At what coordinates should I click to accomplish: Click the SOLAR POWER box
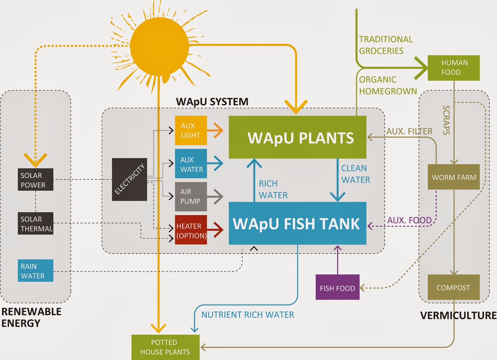[35, 179]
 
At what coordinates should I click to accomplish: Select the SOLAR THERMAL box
[35, 224]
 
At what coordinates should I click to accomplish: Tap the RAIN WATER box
[35, 270]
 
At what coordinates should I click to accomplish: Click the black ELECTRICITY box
[129, 179]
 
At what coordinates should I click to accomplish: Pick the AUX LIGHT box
[191, 130]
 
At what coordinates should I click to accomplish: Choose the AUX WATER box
[191, 164]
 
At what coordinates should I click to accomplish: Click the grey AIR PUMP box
[191, 197]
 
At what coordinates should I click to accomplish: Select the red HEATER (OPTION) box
[191, 230]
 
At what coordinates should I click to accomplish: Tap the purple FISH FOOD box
[337, 287]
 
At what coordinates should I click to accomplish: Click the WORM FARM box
[454, 177]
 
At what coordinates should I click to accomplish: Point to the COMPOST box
[454, 287]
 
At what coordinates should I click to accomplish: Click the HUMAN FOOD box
[454, 68]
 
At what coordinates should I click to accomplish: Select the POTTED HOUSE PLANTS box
[166, 347]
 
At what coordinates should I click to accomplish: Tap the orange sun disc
[159, 47]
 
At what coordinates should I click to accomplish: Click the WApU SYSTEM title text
[212, 102]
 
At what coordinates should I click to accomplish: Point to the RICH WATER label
[273, 189]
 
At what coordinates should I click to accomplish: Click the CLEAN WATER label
[356, 174]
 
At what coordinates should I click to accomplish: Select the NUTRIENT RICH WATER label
[248, 315]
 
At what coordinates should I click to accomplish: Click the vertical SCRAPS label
[446, 120]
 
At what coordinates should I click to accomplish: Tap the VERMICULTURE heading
[458, 315]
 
